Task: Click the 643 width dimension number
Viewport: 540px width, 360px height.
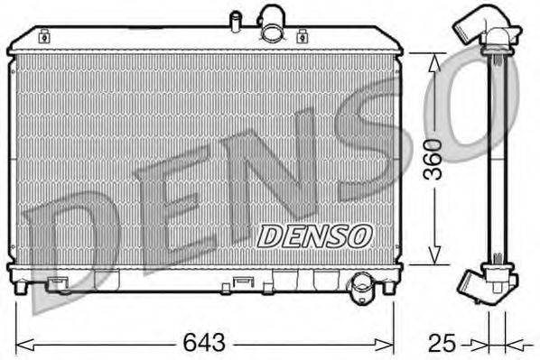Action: coord(205,344)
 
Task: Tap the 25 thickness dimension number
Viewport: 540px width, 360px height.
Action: coord(441,344)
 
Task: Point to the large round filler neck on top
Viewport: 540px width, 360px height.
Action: coord(272,23)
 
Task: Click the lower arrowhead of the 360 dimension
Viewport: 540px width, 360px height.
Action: coord(434,258)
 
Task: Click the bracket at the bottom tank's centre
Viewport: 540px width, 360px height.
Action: coord(241,283)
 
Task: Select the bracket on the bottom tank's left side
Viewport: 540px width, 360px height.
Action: coord(61,283)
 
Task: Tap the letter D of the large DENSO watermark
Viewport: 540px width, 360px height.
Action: coord(68,244)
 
